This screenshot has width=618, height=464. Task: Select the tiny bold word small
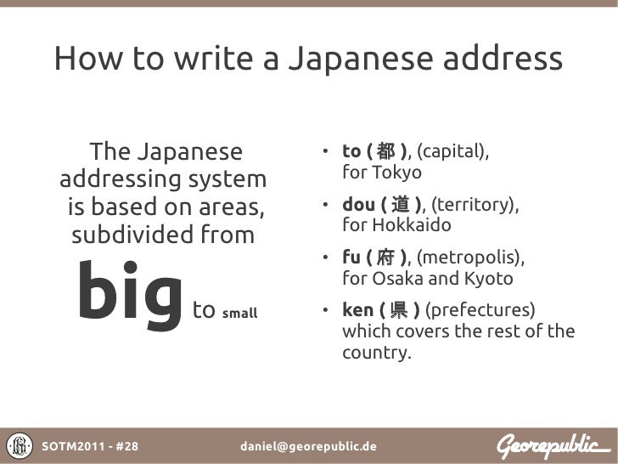tap(239, 313)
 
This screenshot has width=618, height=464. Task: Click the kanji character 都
tap(385, 152)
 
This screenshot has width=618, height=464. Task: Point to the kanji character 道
tap(404, 205)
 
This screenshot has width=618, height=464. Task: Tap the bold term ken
tap(357, 310)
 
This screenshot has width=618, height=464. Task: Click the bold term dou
tap(359, 205)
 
